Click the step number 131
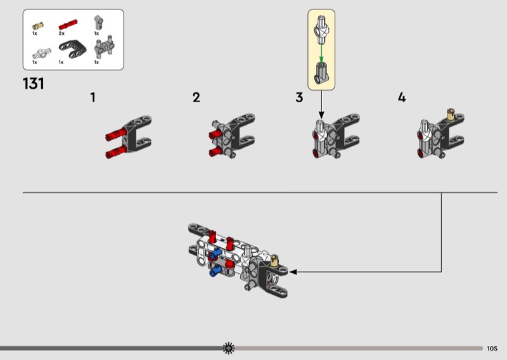[34, 84]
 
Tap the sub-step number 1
[93, 98]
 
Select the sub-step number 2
[196, 98]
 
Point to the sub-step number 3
[299, 98]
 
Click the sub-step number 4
[402, 98]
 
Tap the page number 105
[492, 349]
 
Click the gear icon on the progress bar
[229, 348]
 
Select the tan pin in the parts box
[38, 26]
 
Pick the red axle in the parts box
[68, 25]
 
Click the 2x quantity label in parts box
[61, 34]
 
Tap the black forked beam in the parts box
[73, 49]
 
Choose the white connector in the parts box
[42, 53]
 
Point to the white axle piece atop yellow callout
[321, 29]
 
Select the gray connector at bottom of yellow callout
[321, 73]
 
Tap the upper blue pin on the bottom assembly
[215, 254]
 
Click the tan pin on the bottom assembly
[274, 260]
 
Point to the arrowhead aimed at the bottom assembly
[293, 272]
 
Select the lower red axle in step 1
[116, 152]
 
